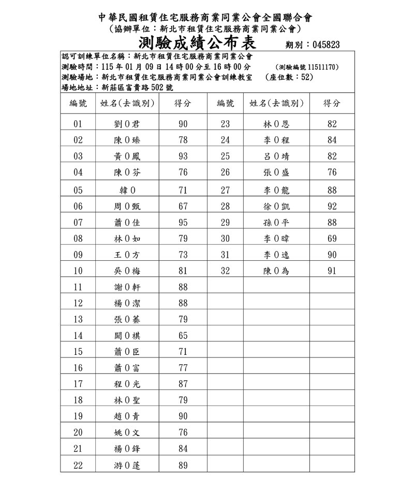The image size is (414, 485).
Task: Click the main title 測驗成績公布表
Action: [198, 41]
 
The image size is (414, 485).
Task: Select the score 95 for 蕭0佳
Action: [183, 223]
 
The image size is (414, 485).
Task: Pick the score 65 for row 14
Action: [183, 336]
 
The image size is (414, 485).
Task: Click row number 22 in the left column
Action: [78, 465]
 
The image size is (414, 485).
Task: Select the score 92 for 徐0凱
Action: [332, 207]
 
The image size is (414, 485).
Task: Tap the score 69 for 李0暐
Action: [332, 239]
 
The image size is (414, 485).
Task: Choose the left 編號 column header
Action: [78, 103]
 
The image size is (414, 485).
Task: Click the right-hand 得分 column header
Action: [332, 103]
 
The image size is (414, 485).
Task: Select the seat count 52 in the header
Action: [305, 77]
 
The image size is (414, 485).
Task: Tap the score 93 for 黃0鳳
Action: [183, 157]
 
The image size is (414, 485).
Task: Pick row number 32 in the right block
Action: [225, 271]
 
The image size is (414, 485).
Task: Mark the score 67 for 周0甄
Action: [183, 207]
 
